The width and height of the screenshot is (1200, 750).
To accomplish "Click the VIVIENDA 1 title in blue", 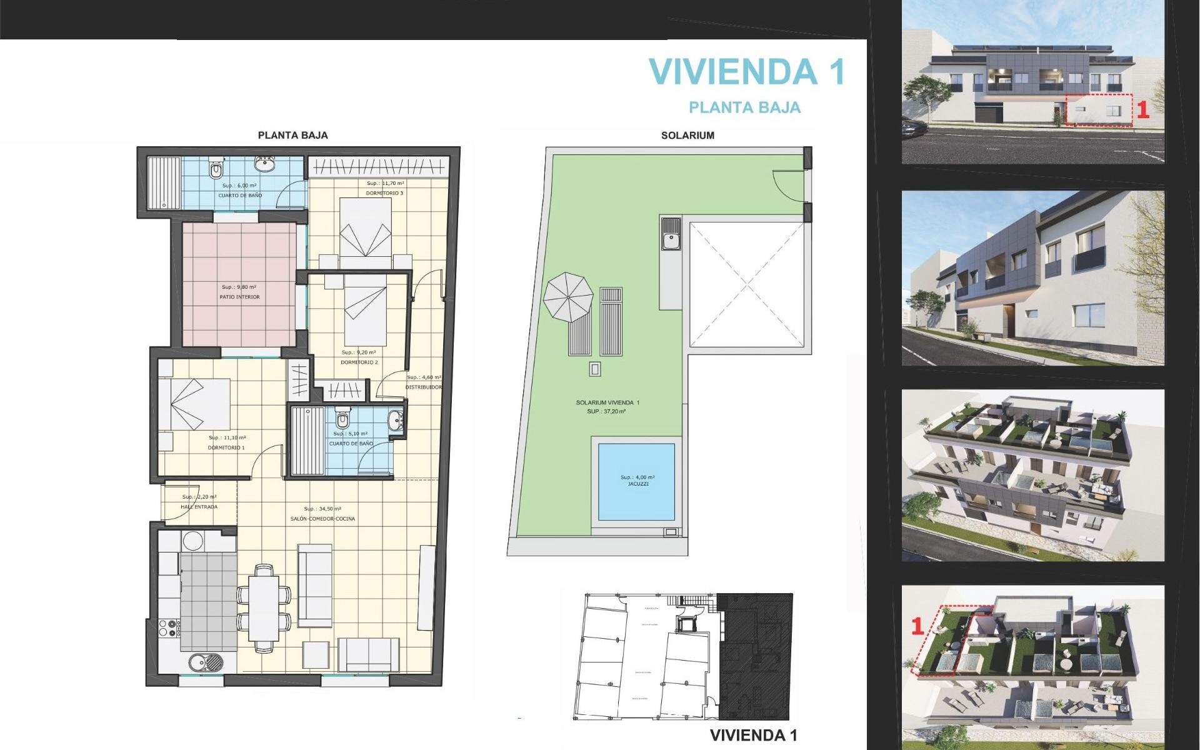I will point(747,71).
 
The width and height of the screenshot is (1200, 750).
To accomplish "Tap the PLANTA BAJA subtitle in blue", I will point(744,107).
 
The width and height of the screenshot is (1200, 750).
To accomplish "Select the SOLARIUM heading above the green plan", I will point(687,135).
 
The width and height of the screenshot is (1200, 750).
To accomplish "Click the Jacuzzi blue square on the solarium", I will point(636,481).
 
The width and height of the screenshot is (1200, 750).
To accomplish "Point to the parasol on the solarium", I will point(567,297).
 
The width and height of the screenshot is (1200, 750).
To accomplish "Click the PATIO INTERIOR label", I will point(239,297).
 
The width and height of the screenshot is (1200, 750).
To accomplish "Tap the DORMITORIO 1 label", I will point(226,447).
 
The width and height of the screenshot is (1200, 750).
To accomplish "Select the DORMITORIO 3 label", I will point(384,193).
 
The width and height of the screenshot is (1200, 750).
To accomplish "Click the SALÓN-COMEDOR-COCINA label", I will point(322,519).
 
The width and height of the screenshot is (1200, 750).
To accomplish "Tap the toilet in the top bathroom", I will point(216,169).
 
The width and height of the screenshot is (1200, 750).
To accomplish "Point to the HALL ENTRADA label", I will point(199,507).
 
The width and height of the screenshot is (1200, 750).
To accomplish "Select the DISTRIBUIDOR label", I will point(423,387).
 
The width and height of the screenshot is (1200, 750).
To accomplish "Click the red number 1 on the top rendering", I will point(1142,111).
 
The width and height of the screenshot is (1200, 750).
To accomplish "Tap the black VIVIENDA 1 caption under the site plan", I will point(753,736).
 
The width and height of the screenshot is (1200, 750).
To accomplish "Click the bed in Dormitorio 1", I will point(194,404).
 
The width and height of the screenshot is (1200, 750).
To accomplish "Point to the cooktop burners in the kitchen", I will point(168,627).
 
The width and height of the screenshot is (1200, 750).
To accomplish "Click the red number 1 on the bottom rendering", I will point(917,626).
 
